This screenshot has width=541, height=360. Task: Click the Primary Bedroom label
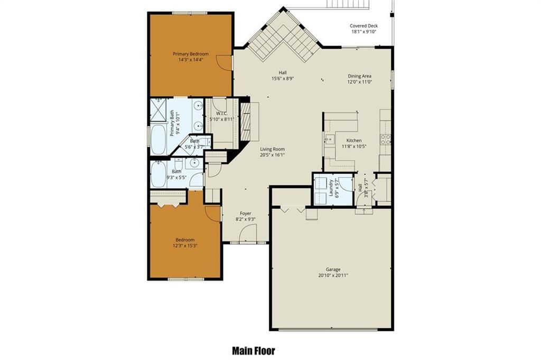tap(190, 54)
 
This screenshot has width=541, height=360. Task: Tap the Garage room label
tap(333, 269)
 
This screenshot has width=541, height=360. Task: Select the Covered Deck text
tap(363, 25)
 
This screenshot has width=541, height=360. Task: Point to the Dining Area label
tap(359, 76)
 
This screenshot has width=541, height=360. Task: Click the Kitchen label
tap(354, 141)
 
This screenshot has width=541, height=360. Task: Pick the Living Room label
tap(272, 149)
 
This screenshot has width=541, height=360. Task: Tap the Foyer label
tap(245, 214)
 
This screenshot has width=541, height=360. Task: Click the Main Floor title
tap(254, 351)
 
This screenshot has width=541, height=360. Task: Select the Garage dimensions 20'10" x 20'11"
tap(333, 275)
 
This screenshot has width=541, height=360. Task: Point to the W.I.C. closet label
tap(221, 114)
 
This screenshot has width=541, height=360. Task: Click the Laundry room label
tap(331, 188)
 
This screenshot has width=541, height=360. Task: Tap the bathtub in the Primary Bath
tap(158, 140)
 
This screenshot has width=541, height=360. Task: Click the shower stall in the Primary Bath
tap(158, 110)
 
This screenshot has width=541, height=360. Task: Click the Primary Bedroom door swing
tap(223, 63)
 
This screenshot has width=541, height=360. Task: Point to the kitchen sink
tap(330, 140)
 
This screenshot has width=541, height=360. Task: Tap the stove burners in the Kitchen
tap(385, 139)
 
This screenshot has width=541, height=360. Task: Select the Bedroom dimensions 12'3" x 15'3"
tap(185, 246)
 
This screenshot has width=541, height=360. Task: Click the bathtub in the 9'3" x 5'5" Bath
tap(158, 174)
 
